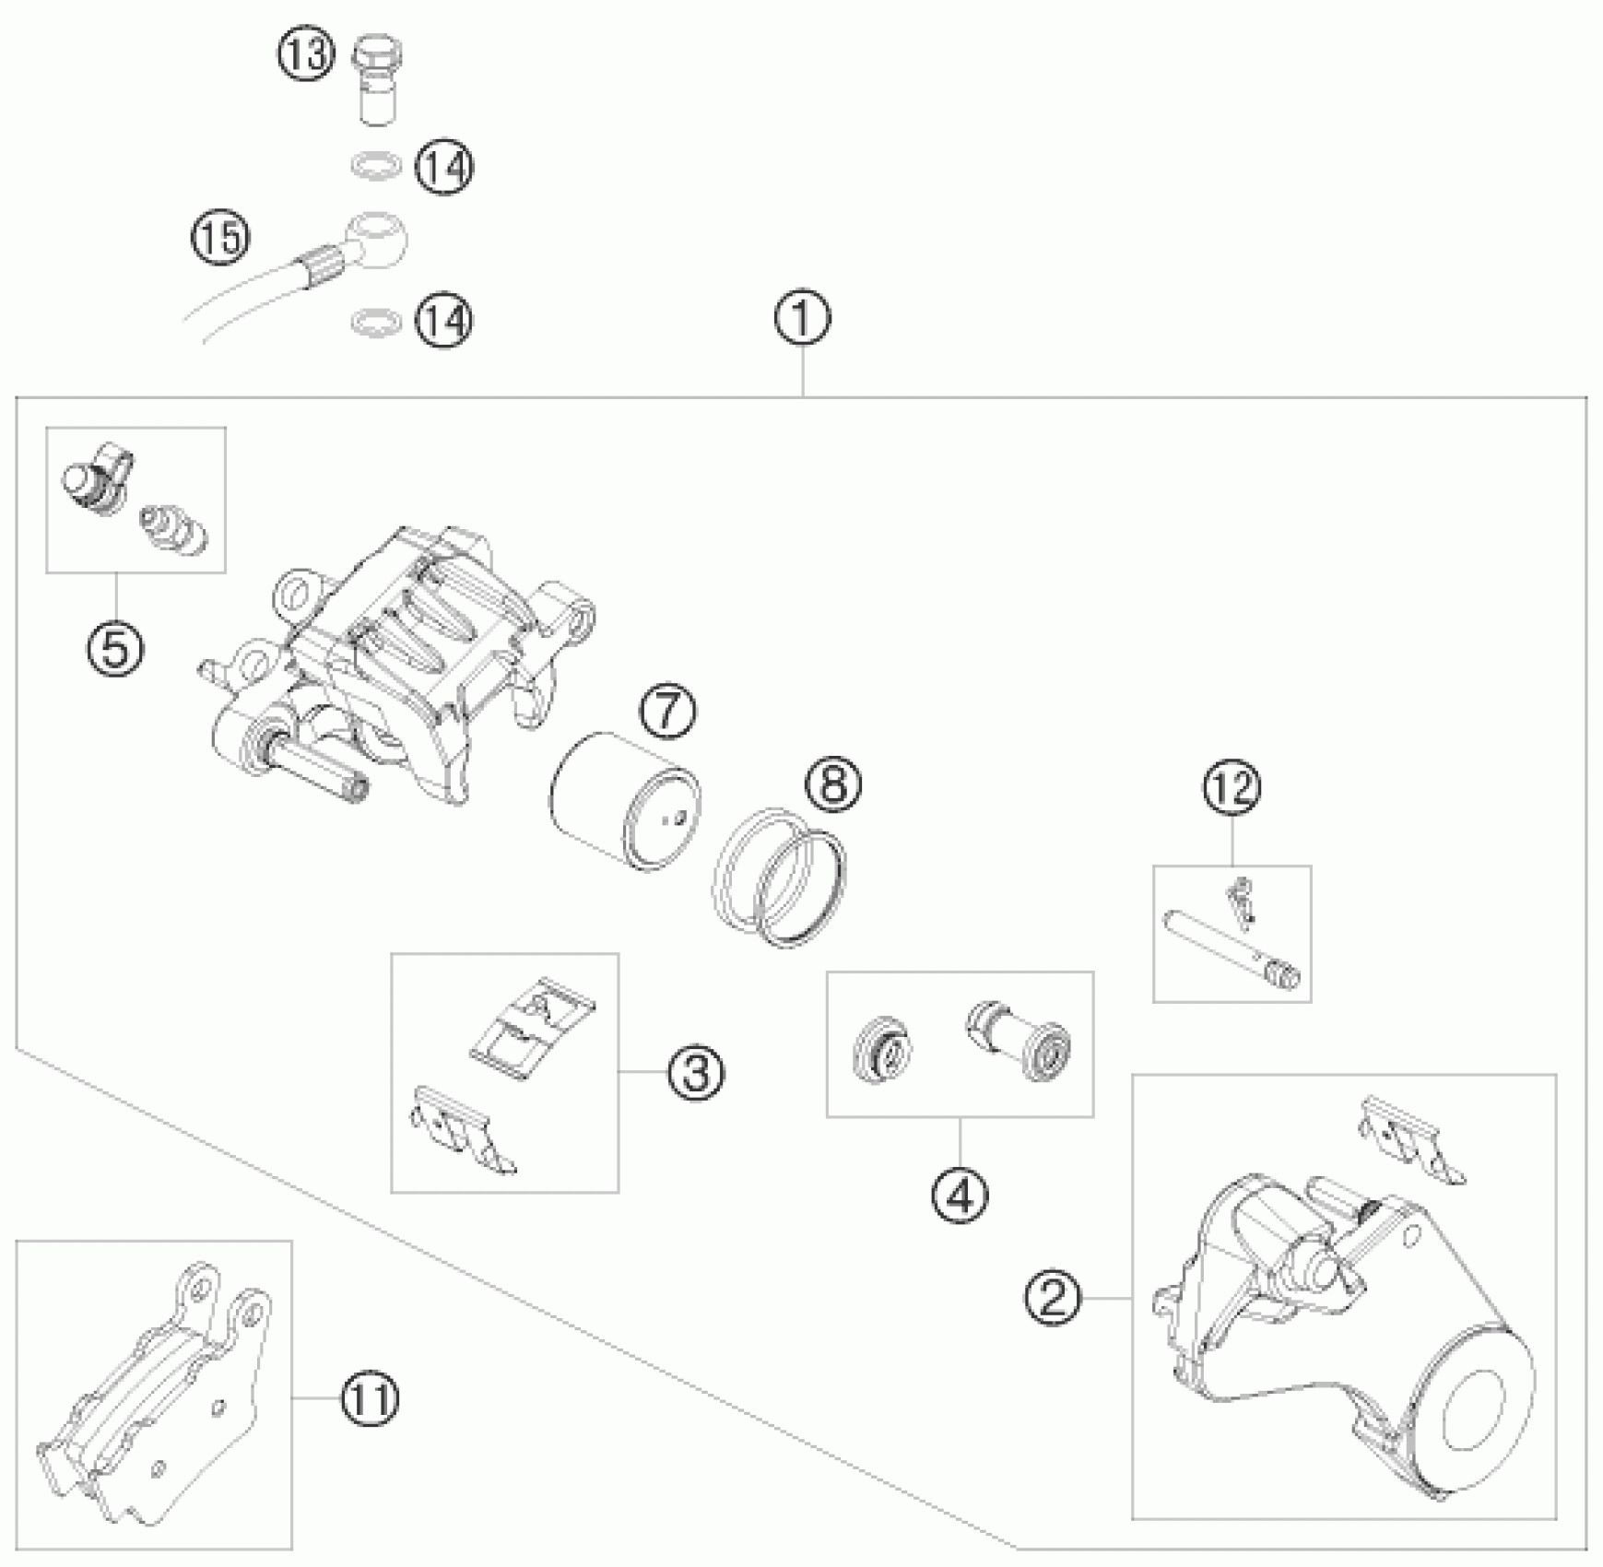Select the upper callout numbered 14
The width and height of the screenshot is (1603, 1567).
[444, 167]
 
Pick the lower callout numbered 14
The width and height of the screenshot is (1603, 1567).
[444, 321]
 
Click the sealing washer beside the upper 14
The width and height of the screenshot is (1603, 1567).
[376, 166]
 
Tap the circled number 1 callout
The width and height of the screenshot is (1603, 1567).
[802, 319]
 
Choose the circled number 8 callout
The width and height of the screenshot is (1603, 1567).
[832, 785]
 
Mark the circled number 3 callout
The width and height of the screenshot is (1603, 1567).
[696, 1072]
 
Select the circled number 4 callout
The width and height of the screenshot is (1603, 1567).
[960, 1196]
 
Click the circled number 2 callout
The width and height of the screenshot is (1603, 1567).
[1054, 1298]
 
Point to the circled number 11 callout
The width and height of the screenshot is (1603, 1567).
[370, 1398]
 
